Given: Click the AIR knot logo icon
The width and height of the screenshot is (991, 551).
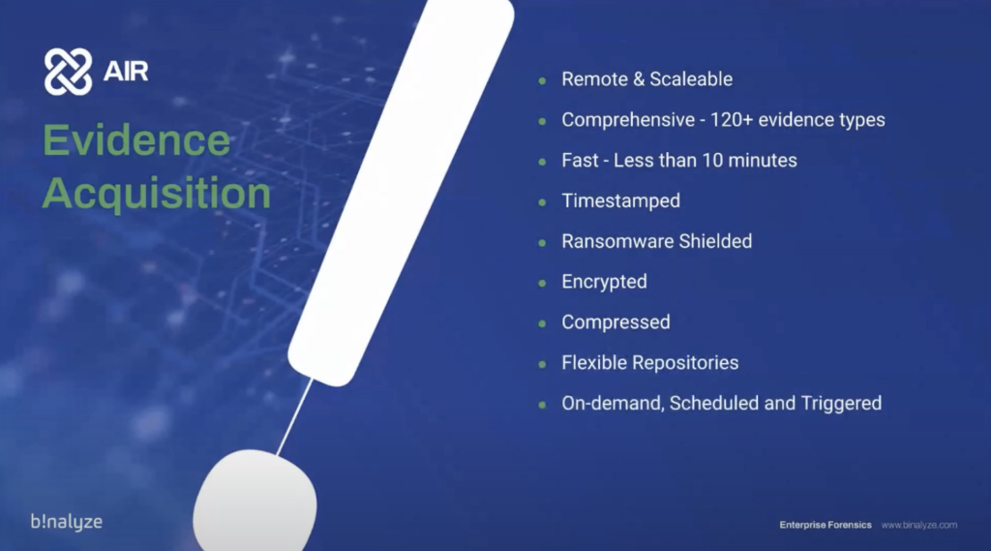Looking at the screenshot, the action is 69,72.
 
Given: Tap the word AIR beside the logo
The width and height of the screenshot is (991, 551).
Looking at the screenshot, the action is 126,72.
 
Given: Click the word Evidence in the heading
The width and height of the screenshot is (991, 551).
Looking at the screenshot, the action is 136,139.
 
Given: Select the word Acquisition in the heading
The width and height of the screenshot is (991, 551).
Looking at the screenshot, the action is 157,193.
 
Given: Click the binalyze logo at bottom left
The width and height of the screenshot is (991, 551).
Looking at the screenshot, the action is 67,522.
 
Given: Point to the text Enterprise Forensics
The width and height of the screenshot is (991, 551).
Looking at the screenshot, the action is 826,525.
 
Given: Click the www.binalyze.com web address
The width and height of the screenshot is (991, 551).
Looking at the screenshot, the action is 919,525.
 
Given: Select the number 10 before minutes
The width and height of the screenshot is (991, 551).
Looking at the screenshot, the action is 711,160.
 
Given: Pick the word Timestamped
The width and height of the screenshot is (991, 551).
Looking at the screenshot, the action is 620,201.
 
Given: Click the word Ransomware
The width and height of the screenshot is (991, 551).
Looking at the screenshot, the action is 616,241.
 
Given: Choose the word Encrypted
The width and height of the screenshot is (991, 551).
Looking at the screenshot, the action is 604,282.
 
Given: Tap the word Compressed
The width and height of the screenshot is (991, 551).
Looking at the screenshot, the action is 616,322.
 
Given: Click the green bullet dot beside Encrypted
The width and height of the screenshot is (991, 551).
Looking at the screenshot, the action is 542,284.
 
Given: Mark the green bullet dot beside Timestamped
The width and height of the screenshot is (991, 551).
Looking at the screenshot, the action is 542,202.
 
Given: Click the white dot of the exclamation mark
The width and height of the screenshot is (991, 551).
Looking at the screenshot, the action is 255,500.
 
